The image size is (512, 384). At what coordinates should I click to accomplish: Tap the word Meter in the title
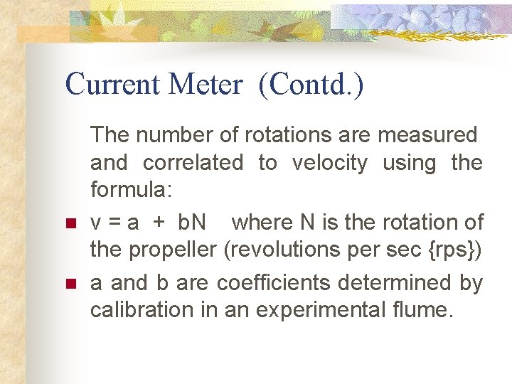pyautogui.click(x=206, y=85)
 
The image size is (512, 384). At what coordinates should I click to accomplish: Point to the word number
pyautogui.click(x=184, y=134)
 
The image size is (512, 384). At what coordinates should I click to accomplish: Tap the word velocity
pyautogui.click(x=330, y=164)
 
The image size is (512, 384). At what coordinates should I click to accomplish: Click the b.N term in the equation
pyautogui.click(x=190, y=223)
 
